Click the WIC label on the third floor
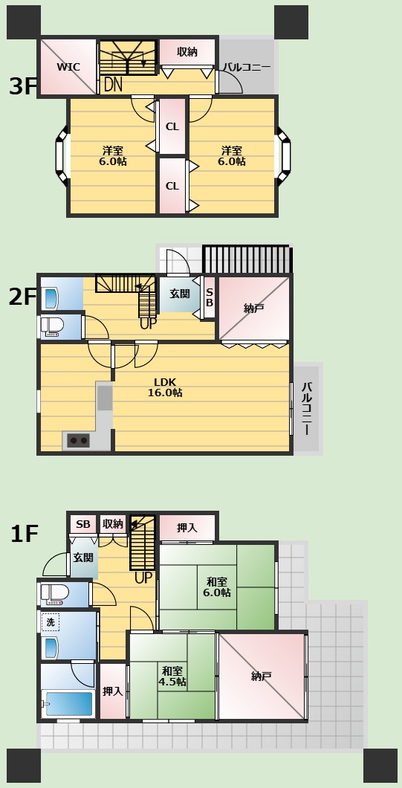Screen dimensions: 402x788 tap(68, 67)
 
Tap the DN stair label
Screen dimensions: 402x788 tap(113, 85)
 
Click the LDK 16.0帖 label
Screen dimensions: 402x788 tap(165, 387)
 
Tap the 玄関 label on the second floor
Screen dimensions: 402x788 tap(179, 294)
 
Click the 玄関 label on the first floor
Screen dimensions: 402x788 tap(83, 558)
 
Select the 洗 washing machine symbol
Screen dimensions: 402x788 tap(51, 622)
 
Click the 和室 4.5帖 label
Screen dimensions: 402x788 tap(172, 676)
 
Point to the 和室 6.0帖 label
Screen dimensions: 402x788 tap(217, 587)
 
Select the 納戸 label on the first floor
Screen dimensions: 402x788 tap(262, 676)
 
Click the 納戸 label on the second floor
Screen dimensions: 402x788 tap(254, 309)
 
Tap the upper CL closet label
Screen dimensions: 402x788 tap(172, 126)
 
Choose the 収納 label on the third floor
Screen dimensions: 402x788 tap(187, 52)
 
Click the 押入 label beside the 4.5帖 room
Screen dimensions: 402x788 tap(112, 691)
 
